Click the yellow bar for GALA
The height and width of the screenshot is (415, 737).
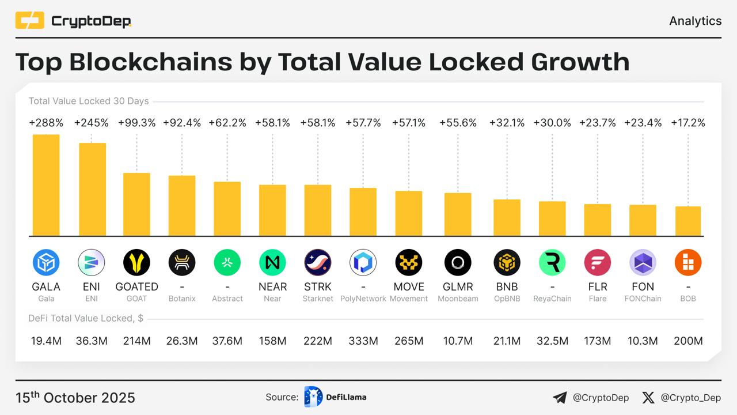(x=46, y=185)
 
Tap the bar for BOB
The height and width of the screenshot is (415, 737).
(x=688, y=221)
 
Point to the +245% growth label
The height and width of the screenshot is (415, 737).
(x=92, y=123)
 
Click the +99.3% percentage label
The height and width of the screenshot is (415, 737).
(x=136, y=123)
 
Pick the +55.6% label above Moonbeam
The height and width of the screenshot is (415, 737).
(x=458, y=123)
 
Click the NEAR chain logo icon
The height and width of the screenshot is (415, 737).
(x=272, y=263)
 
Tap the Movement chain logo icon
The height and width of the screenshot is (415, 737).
(x=409, y=263)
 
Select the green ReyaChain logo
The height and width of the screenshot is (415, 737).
(x=552, y=263)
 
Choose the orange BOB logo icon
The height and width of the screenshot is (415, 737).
(x=688, y=263)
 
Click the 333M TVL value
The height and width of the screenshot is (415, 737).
(x=363, y=341)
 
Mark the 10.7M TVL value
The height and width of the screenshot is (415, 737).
(x=458, y=341)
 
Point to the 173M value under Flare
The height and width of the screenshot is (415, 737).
(x=598, y=341)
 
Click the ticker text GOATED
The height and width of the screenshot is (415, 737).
(x=136, y=286)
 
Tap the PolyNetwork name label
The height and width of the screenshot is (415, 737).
(x=363, y=299)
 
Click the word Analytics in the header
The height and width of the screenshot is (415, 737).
(x=695, y=21)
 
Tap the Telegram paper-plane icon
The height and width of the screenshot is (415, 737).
(x=560, y=398)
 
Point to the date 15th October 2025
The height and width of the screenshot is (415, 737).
(x=75, y=398)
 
